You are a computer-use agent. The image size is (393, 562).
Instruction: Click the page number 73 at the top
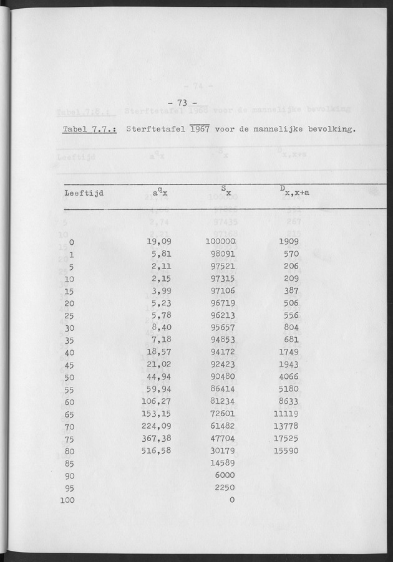183,103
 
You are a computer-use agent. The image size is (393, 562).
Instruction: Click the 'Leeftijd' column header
84,193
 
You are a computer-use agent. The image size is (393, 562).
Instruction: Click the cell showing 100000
220,242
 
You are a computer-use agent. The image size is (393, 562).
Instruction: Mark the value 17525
286,438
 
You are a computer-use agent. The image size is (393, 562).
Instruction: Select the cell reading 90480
222,377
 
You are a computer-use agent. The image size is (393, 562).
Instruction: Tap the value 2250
225,487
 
